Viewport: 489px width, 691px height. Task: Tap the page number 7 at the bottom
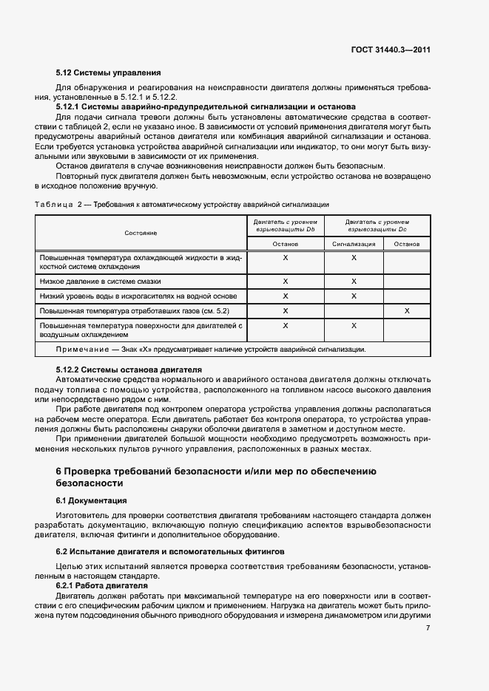pyautogui.click(x=428, y=628)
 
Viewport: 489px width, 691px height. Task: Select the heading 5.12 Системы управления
pyautogui.click(x=108, y=73)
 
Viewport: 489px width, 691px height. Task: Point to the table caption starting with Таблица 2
pyautogui.click(x=182, y=203)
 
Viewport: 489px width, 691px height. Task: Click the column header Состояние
pyautogui.click(x=141, y=232)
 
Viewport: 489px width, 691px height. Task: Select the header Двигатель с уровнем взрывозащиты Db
pyautogui.click(x=285, y=225)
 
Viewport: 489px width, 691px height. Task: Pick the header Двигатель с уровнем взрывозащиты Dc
pyautogui.click(x=377, y=225)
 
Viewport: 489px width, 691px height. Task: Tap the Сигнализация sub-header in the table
pyautogui.click(x=354, y=244)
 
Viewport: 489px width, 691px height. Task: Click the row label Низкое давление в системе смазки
pyautogui.click(x=100, y=282)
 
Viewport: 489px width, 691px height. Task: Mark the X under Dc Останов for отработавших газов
pyautogui.click(x=407, y=310)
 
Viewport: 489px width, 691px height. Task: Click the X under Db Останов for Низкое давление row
pyautogui.click(x=285, y=282)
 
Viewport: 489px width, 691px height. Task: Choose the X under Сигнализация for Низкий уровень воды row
pyautogui.click(x=354, y=296)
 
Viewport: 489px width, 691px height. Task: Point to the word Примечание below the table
pyautogui.click(x=79, y=350)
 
